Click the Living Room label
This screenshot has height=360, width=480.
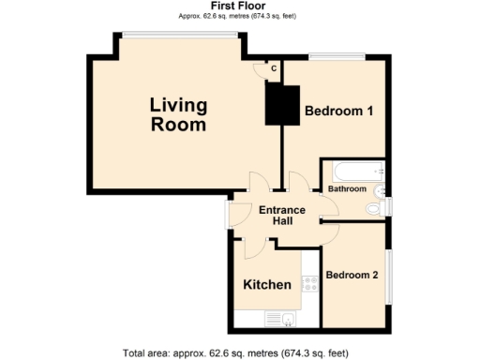coord(179,114)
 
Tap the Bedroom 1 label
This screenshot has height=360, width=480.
coord(339,112)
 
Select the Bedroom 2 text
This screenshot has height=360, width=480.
coord(352,276)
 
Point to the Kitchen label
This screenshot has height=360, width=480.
coord(267,284)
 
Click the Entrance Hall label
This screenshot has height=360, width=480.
coord(282,216)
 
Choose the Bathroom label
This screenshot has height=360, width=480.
coord(346,188)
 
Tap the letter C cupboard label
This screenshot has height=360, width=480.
coord(274,68)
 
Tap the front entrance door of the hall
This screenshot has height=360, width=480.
coord(228,215)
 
